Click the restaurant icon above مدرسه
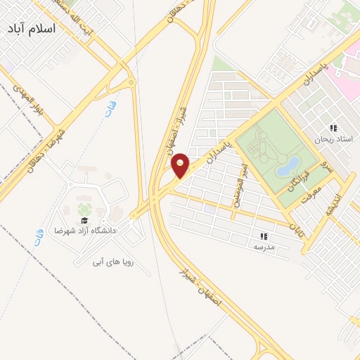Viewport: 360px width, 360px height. tap(265, 237)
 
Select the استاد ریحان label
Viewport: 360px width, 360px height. tap(335, 140)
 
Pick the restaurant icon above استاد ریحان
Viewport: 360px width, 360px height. tap(333, 128)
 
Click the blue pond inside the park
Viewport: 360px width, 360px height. tap(287, 167)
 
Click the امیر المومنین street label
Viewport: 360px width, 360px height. tap(237, 183)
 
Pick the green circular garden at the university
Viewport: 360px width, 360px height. tap(84, 209)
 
